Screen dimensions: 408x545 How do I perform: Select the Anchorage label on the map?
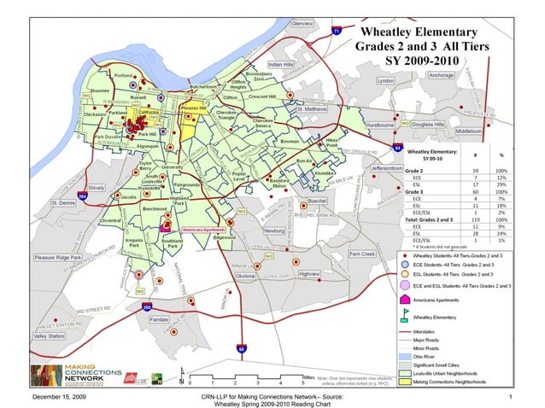point(441,76)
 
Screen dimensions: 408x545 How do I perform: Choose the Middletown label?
point(469,131)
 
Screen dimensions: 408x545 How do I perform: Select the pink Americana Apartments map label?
point(203,230)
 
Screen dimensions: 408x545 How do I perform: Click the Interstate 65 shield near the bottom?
point(241,348)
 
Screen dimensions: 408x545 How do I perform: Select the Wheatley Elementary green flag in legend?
point(403,315)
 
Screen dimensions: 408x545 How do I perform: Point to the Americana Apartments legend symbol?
point(403,300)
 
